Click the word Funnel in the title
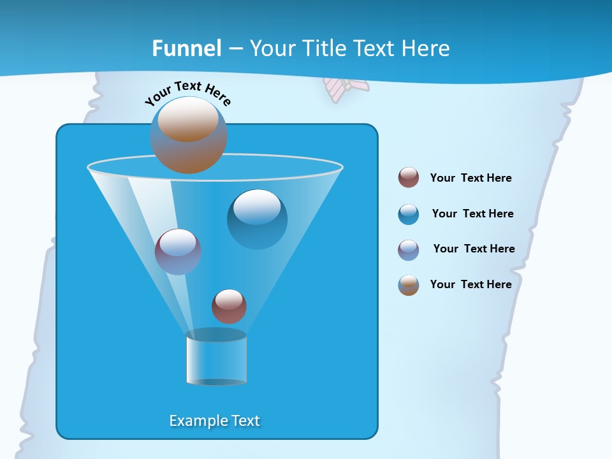(x=187, y=48)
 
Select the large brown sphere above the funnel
(x=188, y=135)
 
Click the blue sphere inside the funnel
(x=257, y=219)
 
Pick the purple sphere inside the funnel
(x=178, y=251)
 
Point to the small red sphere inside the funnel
(x=229, y=306)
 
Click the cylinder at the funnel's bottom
(x=216, y=357)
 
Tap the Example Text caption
(x=214, y=421)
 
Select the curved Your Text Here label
(x=188, y=93)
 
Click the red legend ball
(x=409, y=177)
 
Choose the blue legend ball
(x=409, y=214)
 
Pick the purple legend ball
(x=409, y=249)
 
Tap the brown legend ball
(x=409, y=284)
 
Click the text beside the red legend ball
(x=470, y=178)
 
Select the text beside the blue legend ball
(x=472, y=214)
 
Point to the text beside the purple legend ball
(x=474, y=249)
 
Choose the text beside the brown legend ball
(x=470, y=284)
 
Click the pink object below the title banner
(x=345, y=88)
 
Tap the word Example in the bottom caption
(x=196, y=421)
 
